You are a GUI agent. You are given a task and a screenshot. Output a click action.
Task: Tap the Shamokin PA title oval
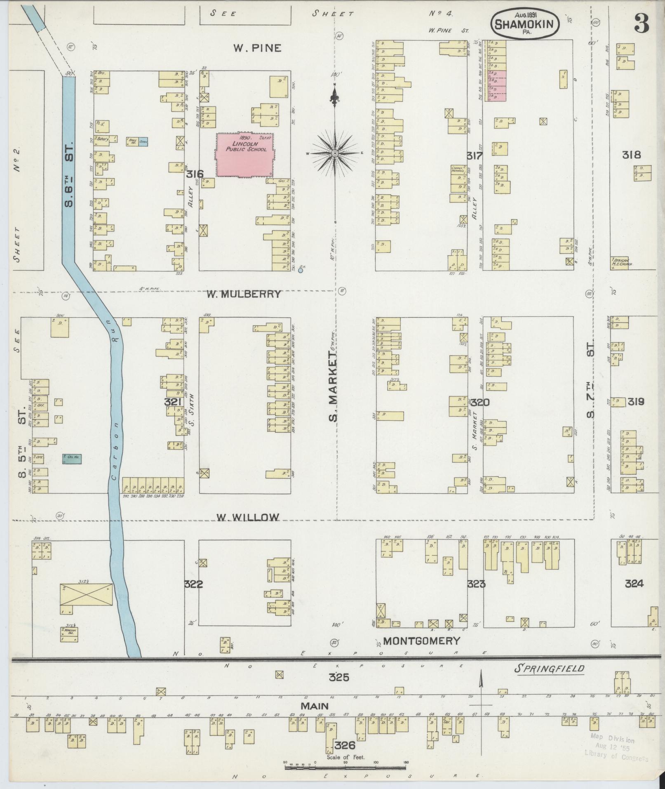[x=525, y=25]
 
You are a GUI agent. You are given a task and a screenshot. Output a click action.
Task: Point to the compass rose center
[x=335, y=153]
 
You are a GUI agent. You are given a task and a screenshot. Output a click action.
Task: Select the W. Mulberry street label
[x=244, y=294]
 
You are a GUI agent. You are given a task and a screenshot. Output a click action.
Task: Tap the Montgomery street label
[x=421, y=641]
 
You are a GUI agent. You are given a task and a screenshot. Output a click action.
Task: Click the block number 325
[x=339, y=677]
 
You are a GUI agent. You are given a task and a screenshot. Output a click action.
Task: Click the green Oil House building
[x=71, y=459]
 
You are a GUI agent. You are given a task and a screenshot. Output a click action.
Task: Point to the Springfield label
[x=549, y=669]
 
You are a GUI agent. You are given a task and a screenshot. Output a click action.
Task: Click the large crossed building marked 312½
[x=86, y=594]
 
